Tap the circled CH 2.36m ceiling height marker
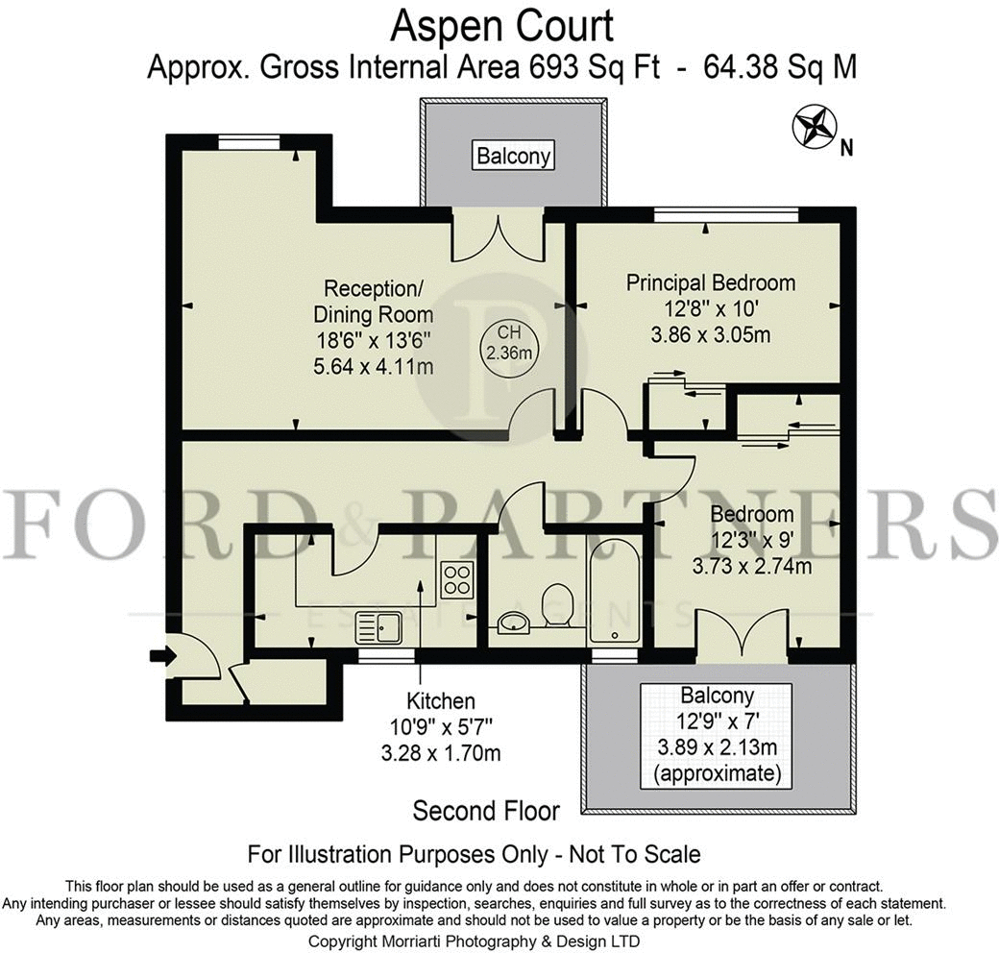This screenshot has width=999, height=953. tap(509, 343)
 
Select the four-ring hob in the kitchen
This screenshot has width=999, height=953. tap(457, 578)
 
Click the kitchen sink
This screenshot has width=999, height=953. tap(378, 626)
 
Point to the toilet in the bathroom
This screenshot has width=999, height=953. tap(558, 605)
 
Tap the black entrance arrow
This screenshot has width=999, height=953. tap(162, 655)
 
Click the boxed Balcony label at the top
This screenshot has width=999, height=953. tap(514, 156)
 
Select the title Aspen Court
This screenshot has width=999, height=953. tap(502, 27)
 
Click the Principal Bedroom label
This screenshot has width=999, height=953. tap(711, 282)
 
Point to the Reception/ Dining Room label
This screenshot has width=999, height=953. tap(374, 302)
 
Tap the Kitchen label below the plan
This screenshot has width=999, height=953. tap(441, 700)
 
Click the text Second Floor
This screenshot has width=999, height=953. tap(486, 811)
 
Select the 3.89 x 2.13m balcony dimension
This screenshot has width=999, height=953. tap(718, 746)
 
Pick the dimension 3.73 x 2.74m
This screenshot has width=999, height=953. tap(752, 566)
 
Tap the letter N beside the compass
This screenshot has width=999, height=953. tap(846, 149)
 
